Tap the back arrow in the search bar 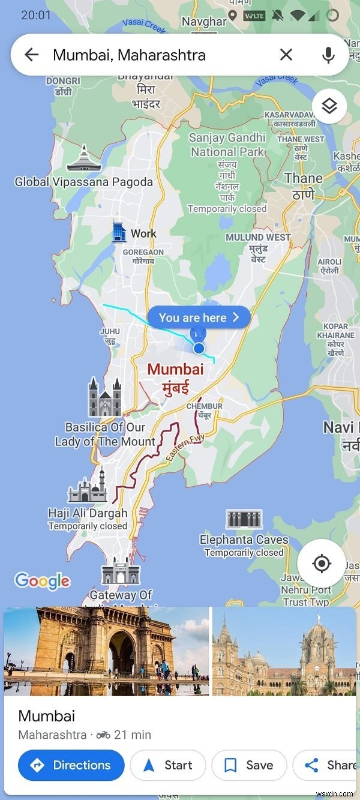(31, 55)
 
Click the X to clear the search (286, 55)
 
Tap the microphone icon (328, 55)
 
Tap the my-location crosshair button (322, 564)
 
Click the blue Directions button (71, 765)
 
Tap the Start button (168, 765)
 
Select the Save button (248, 765)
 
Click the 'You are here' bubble (199, 317)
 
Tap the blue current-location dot (199, 348)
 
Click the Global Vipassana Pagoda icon (84, 158)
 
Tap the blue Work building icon (119, 232)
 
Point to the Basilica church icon (105, 397)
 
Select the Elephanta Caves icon (244, 519)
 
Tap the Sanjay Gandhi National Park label (227, 145)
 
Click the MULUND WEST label (258, 237)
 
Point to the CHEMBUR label (204, 406)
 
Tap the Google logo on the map (42, 580)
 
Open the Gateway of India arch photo (107, 651)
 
